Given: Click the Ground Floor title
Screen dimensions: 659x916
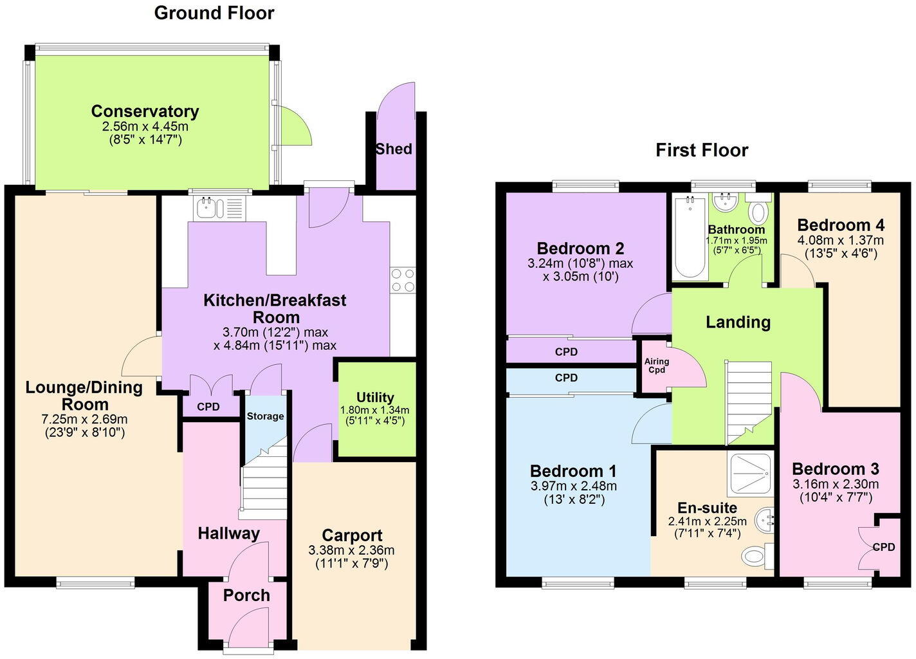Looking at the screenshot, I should pos(214,13).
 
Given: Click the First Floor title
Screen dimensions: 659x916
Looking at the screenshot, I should pos(702,150).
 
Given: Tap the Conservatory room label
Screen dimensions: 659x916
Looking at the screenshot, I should pos(145,111).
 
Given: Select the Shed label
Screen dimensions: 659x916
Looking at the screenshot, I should pos(394,149).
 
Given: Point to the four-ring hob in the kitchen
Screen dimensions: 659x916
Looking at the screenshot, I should pos(403,280).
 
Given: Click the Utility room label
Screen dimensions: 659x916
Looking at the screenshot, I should pos(375,397).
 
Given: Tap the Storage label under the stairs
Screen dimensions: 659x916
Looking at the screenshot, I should pos(265,416).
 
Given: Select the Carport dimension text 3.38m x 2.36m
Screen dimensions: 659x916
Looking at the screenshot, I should pos(351,550).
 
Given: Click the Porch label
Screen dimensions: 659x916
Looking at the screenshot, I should pos(246,595).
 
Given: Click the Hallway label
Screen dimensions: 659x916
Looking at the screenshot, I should pos(228,533).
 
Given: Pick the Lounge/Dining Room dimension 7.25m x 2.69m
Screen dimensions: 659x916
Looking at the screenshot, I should pos(84,420).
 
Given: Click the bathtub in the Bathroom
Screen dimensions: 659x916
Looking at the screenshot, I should pos(690,238).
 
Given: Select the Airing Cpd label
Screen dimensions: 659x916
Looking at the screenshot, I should pos(657,366).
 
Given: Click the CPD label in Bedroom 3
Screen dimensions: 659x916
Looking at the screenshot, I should pos(884,547).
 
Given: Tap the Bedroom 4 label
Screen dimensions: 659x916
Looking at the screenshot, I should pos(841,225).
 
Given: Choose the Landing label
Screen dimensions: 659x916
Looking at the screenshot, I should pos(738,322).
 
